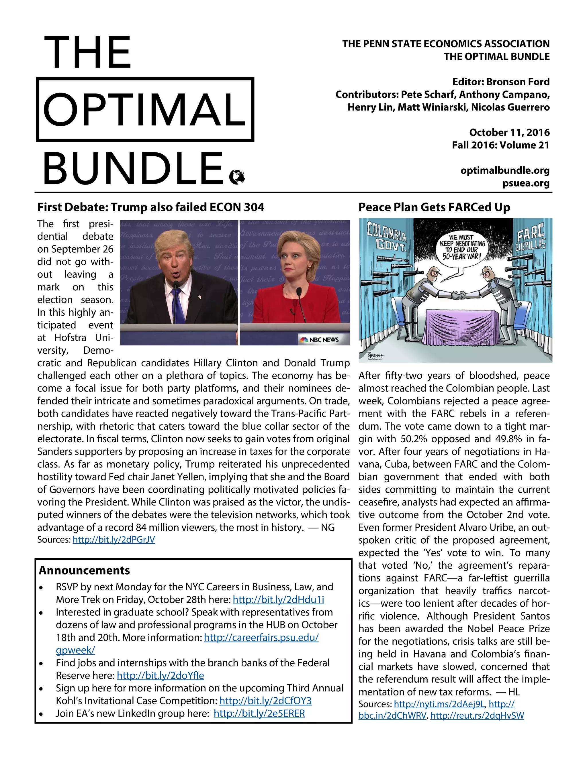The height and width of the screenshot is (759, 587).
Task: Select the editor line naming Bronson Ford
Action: (501, 82)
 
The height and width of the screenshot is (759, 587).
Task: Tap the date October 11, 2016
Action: (509, 132)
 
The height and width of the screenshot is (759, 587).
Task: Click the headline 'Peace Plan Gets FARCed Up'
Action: (434, 207)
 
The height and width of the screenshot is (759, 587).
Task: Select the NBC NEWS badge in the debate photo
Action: (320, 339)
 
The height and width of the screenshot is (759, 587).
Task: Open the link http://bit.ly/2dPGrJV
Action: (114, 540)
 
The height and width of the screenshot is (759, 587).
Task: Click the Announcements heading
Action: (85, 570)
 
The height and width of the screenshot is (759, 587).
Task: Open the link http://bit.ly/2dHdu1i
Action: (278, 599)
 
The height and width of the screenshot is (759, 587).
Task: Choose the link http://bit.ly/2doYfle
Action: (160, 675)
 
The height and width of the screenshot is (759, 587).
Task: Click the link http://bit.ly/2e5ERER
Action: (259, 713)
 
